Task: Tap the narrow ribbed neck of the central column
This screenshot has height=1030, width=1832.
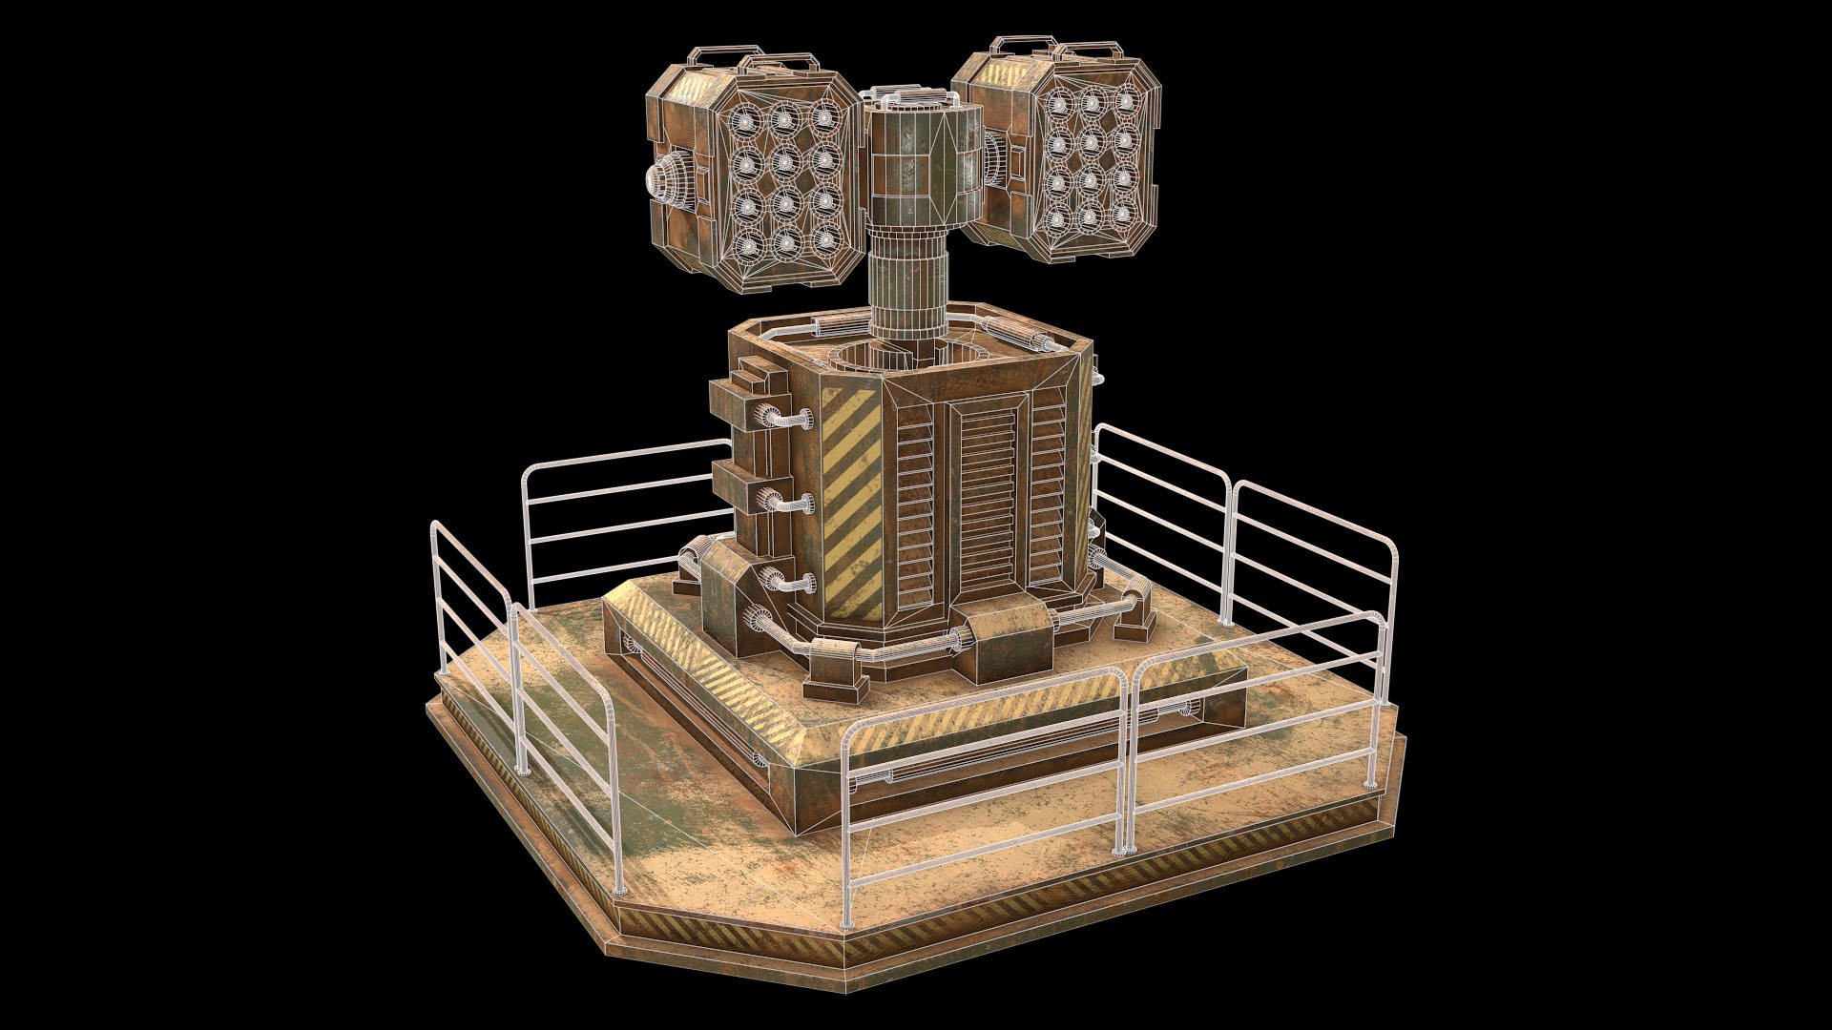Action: pyautogui.click(x=906, y=286)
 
